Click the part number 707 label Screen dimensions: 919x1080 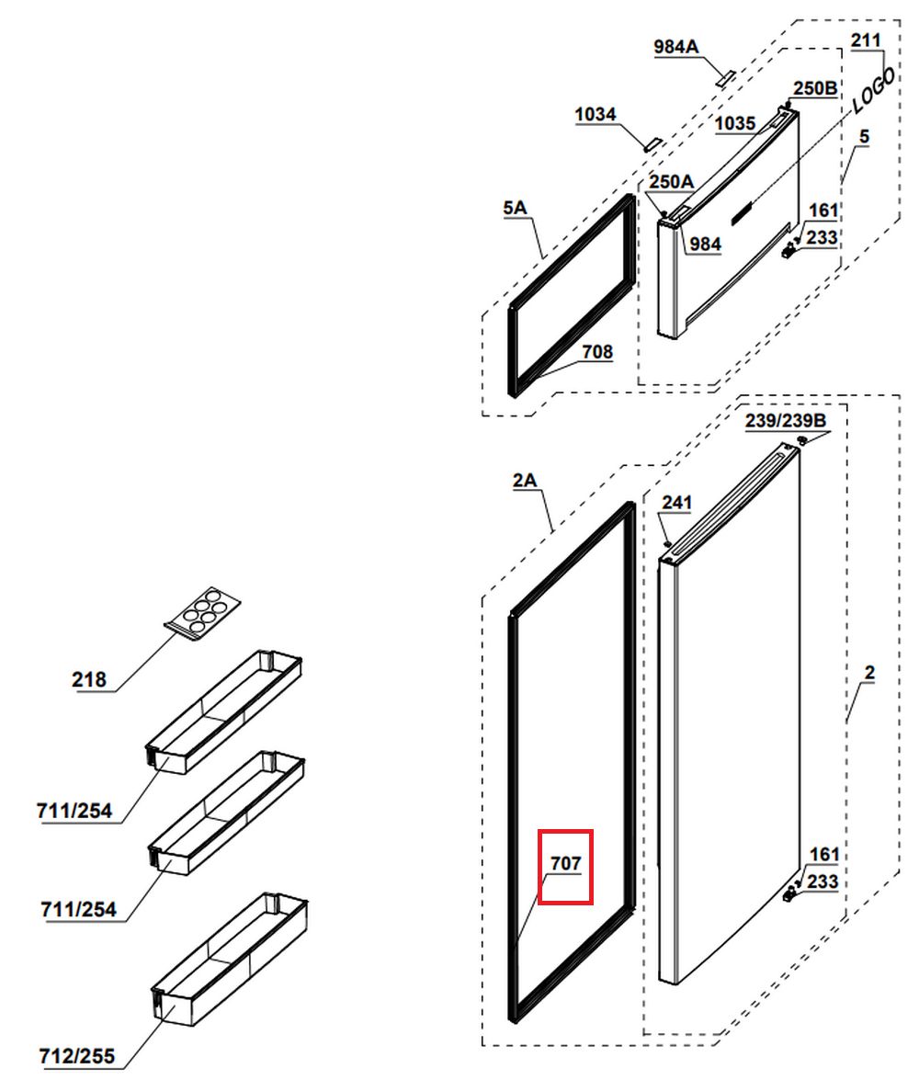[565, 862]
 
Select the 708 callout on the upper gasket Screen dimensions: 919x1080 [597, 351]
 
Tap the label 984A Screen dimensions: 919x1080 [675, 47]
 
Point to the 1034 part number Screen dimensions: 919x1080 [596, 114]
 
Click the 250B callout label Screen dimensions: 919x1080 [815, 88]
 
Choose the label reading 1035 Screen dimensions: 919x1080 [735, 123]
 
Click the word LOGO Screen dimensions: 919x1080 [874, 90]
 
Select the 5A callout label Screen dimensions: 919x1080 [515, 208]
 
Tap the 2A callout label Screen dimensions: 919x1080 [524, 480]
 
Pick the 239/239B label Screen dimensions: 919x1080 [786, 420]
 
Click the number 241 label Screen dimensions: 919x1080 [676, 502]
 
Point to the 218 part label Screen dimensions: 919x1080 [89, 680]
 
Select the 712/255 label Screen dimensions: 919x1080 [77, 1056]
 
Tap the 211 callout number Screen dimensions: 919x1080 [866, 40]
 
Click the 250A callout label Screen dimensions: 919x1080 [671, 182]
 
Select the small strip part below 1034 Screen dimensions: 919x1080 [651, 144]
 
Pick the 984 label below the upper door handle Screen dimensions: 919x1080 [705, 244]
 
